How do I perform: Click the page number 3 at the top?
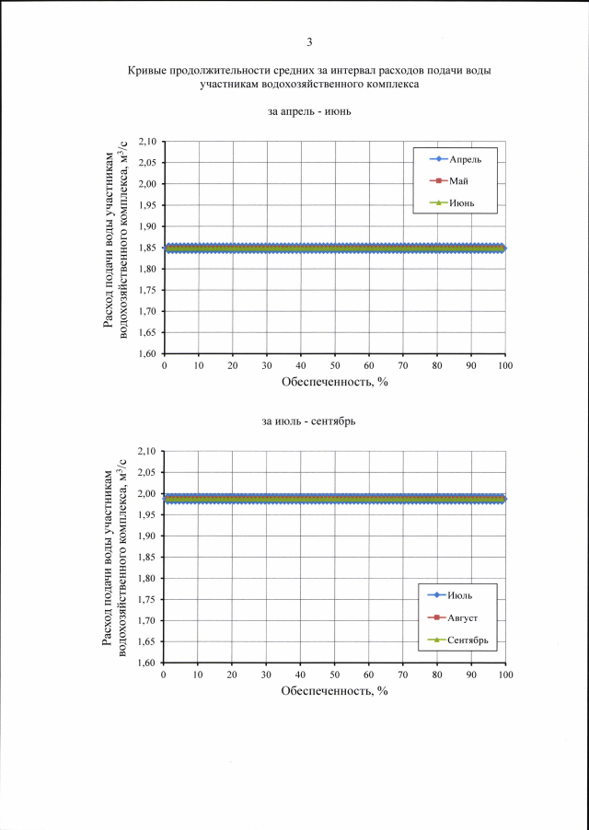tap(310, 41)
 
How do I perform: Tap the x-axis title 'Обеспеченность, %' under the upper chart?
tap(335, 383)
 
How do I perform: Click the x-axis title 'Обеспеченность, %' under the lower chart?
tap(335, 691)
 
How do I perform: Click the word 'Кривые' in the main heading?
tap(148, 71)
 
